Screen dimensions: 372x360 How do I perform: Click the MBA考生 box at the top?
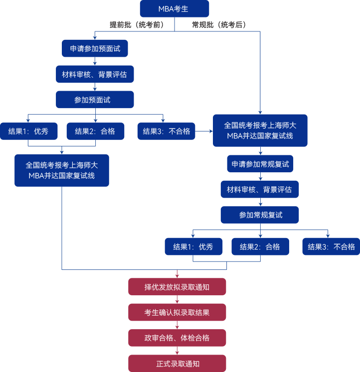point(175,9)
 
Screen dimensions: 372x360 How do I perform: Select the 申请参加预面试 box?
point(95,49)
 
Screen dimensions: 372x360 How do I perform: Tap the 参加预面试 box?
point(95,100)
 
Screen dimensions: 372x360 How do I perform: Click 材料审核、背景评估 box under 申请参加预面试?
point(95,74)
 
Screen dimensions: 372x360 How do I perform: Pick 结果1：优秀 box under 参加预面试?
point(28,131)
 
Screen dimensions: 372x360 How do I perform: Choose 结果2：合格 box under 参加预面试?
point(95,131)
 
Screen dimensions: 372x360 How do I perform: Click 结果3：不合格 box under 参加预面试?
point(167,131)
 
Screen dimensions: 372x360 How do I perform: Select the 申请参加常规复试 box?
point(260,164)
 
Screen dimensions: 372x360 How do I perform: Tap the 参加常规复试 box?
point(260,215)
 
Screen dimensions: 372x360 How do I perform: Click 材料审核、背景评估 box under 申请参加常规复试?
point(260,189)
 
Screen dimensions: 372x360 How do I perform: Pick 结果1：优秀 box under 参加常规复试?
point(193,247)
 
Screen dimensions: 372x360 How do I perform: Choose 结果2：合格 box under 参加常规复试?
point(260,247)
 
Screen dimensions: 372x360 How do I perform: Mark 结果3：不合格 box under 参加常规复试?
point(331,247)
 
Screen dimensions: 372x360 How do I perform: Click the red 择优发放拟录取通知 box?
point(177,287)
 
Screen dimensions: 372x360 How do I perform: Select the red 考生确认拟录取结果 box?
point(177,312)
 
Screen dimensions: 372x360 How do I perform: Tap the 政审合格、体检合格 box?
point(177,338)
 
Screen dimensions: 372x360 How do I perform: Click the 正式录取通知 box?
point(177,364)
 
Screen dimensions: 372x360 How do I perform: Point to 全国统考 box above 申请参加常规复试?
point(260,131)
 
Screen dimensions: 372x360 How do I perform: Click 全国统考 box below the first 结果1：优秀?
point(62,170)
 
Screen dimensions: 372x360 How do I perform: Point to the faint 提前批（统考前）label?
point(141,23)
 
